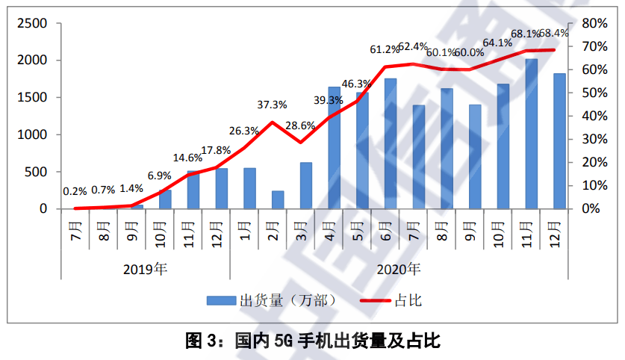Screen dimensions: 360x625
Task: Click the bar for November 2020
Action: click(x=532, y=134)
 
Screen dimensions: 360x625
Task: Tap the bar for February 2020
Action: click(x=278, y=199)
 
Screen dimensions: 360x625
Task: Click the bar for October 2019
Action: click(x=165, y=199)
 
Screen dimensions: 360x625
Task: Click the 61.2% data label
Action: click(x=385, y=50)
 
